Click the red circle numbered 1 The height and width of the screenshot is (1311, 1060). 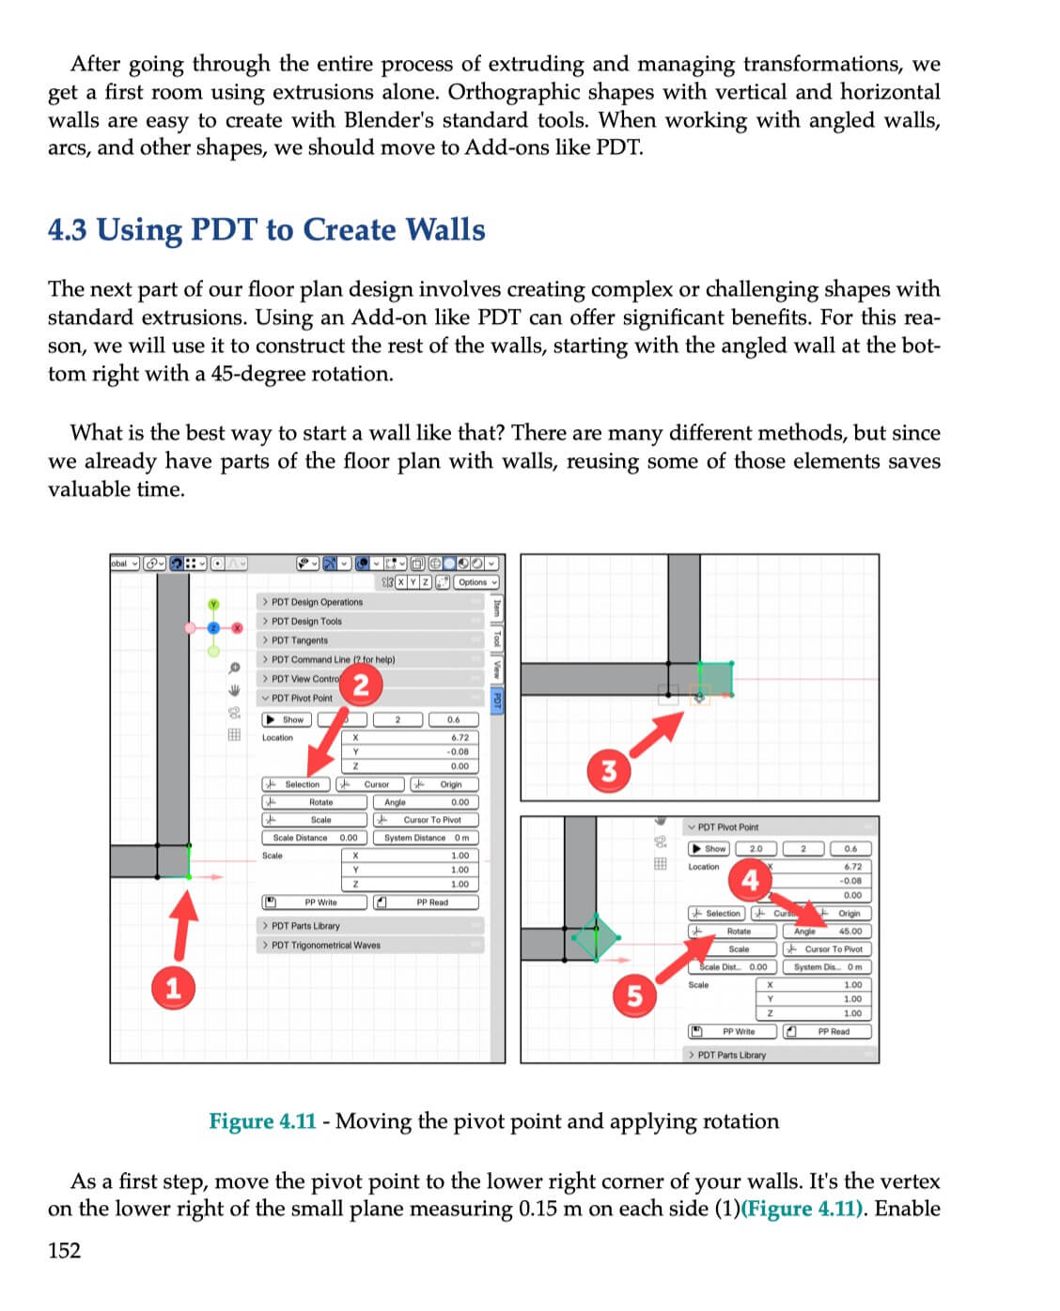click(x=173, y=988)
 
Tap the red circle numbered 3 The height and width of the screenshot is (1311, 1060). click(x=609, y=771)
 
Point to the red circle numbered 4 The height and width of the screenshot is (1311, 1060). click(x=750, y=880)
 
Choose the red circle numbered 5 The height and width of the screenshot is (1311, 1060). click(x=634, y=995)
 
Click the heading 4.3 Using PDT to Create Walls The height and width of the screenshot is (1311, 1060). click(x=267, y=230)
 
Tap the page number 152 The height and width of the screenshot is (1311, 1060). click(x=65, y=1250)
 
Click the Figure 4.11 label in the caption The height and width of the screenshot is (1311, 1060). click(x=262, y=1121)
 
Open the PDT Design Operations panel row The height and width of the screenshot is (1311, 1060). click(x=317, y=602)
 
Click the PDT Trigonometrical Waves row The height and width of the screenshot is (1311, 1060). click(x=325, y=945)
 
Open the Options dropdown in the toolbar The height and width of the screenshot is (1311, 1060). click(x=476, y=582)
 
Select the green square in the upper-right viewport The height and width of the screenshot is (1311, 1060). click(x=715, y=679)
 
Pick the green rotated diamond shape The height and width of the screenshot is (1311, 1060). click(x=595, y=937)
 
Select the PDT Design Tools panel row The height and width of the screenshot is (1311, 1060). click(x=306, y=621)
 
